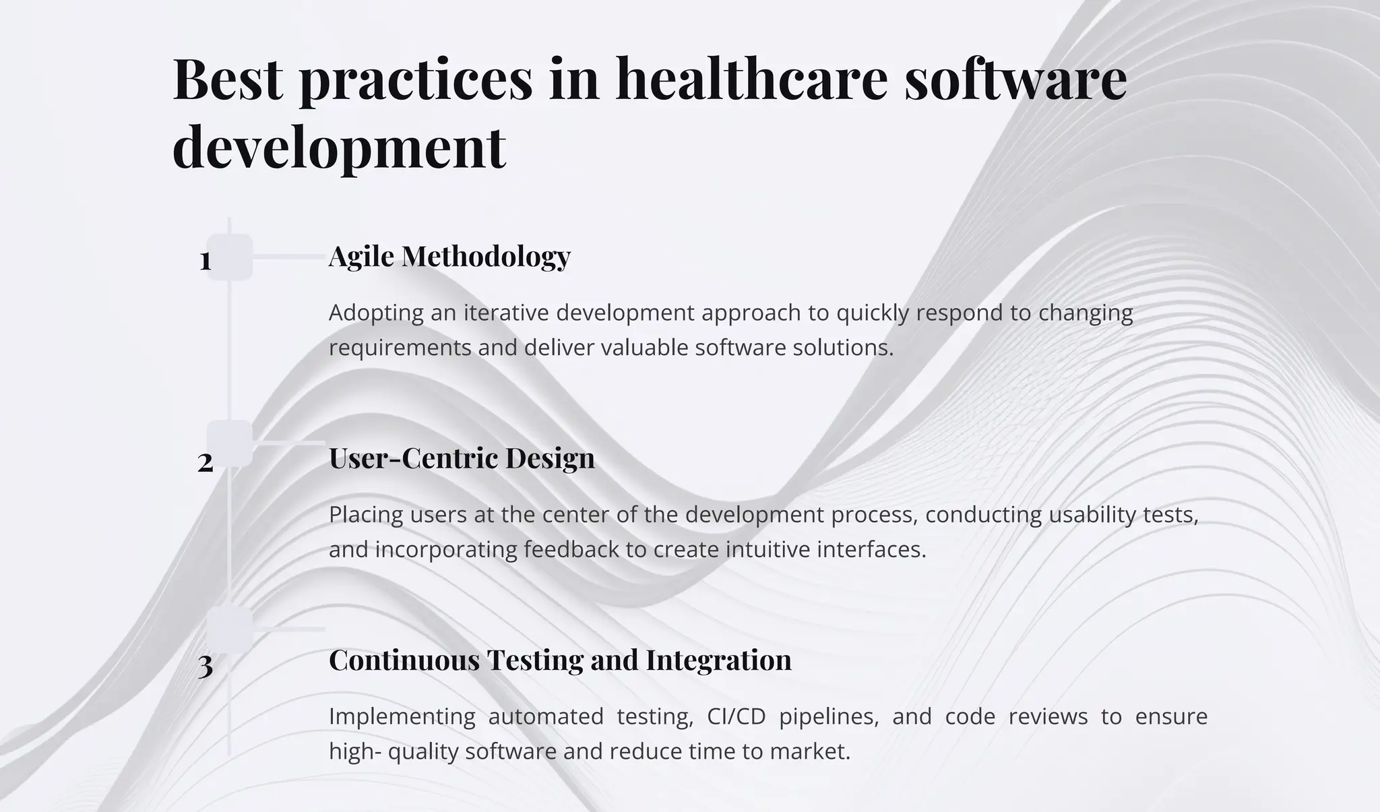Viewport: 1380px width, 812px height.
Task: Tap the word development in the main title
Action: [339, 147]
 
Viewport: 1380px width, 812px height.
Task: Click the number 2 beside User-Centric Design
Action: [206, 463]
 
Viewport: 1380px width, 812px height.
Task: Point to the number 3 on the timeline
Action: [206, 666]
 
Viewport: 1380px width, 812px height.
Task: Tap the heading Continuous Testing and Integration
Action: [560, 660]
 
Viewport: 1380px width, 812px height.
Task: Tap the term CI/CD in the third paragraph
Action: [736, 716]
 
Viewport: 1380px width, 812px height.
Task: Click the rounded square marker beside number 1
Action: [230, 257]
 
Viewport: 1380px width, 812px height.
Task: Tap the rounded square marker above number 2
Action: [230, 443]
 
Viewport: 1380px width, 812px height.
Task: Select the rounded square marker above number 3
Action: [230, 629]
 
